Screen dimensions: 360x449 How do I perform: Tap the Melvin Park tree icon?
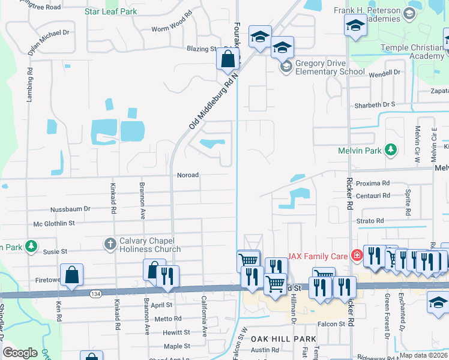click(391, 149)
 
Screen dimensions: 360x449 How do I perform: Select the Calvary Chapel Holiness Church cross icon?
click(110, 244)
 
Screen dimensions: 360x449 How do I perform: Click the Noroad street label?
click(187, 175)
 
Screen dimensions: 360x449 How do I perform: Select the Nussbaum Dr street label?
click(70, 209)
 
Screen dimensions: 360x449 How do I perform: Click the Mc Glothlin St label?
click(54, 223)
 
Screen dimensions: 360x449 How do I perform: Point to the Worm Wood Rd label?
click(172, 29)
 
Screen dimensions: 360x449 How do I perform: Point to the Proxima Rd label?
click(372, 183)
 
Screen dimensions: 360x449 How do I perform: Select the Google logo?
click(20, 353)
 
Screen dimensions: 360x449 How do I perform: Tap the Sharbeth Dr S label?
click(376, 104)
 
